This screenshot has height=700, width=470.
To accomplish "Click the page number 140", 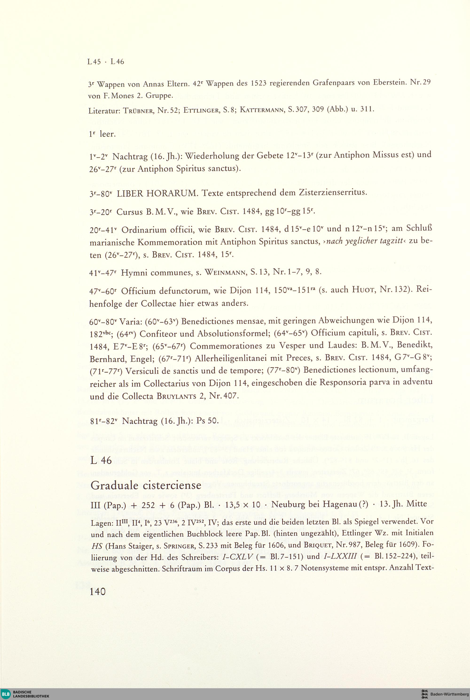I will pyautogui.click(x=98, y=591).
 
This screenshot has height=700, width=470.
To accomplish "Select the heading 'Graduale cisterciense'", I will pyautogui.click(x=146, y=485).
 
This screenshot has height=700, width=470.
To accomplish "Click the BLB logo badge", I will pyautogui.click(x=5, y=694).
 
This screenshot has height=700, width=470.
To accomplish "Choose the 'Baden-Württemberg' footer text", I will pyautogui.click(x=449, y=694).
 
